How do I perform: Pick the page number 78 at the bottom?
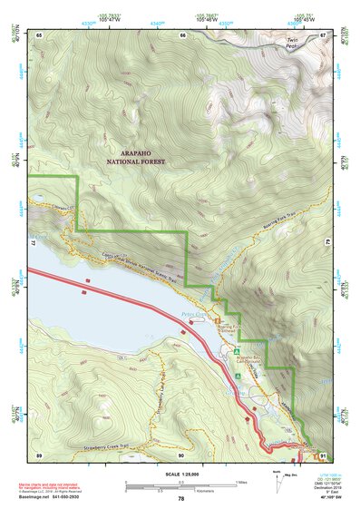click(180, 498)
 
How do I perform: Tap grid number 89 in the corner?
click(39, 454)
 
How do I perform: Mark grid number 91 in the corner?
click(322, 454)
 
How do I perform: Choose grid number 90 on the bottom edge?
click(180, 454)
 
